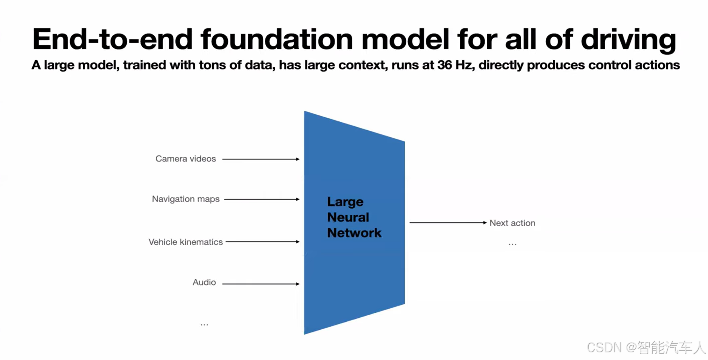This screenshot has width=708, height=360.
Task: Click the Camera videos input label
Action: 186,159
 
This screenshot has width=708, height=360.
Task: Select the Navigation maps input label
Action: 186,199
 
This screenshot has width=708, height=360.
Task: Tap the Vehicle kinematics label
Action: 186,242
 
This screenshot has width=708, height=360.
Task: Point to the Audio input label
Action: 204,282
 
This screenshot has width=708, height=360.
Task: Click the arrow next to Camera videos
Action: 261,159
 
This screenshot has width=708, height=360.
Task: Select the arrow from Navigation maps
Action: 262,199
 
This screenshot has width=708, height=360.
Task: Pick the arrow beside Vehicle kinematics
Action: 262,242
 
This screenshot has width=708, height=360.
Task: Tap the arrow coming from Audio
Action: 261,284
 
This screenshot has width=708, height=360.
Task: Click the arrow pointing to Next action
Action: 448,223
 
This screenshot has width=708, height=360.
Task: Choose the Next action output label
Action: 512,223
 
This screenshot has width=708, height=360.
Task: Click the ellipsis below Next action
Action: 512,244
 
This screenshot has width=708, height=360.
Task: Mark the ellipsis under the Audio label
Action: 204,325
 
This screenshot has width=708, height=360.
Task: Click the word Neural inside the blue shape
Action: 348,217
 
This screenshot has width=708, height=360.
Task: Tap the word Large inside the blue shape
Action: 345,202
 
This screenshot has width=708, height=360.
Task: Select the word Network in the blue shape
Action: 354,233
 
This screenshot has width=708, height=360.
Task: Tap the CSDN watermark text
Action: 604,347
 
